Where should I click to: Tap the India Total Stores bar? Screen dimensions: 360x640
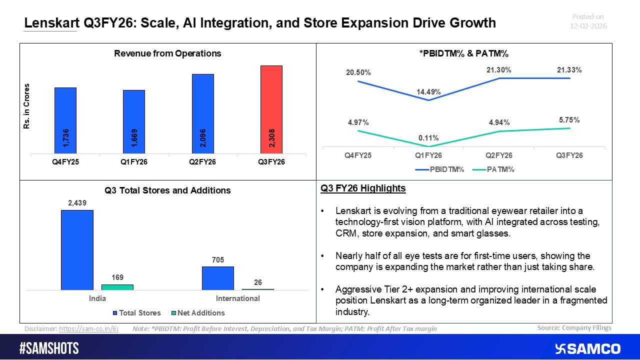(x=77, y=249)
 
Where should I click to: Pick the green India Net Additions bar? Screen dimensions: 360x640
(x=117, y=287)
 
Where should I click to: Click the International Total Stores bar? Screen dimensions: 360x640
(x=217, y=278)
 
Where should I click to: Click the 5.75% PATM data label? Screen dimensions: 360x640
(x=569, y=120)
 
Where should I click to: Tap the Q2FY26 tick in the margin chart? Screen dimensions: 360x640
(x=499, y=155)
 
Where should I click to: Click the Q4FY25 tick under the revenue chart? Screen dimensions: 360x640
(x=65, y=161)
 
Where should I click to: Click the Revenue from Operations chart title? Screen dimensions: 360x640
(x=167, y=53)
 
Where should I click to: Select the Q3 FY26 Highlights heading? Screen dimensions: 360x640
(x=363, y=188)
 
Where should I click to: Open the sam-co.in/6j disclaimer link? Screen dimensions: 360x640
(x=88, y=329)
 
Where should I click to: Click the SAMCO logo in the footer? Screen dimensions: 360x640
(x=587, y=348)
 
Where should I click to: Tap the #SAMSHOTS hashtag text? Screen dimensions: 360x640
(x=49, y=348)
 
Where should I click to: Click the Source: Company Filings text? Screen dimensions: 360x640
(x=574, y=328)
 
